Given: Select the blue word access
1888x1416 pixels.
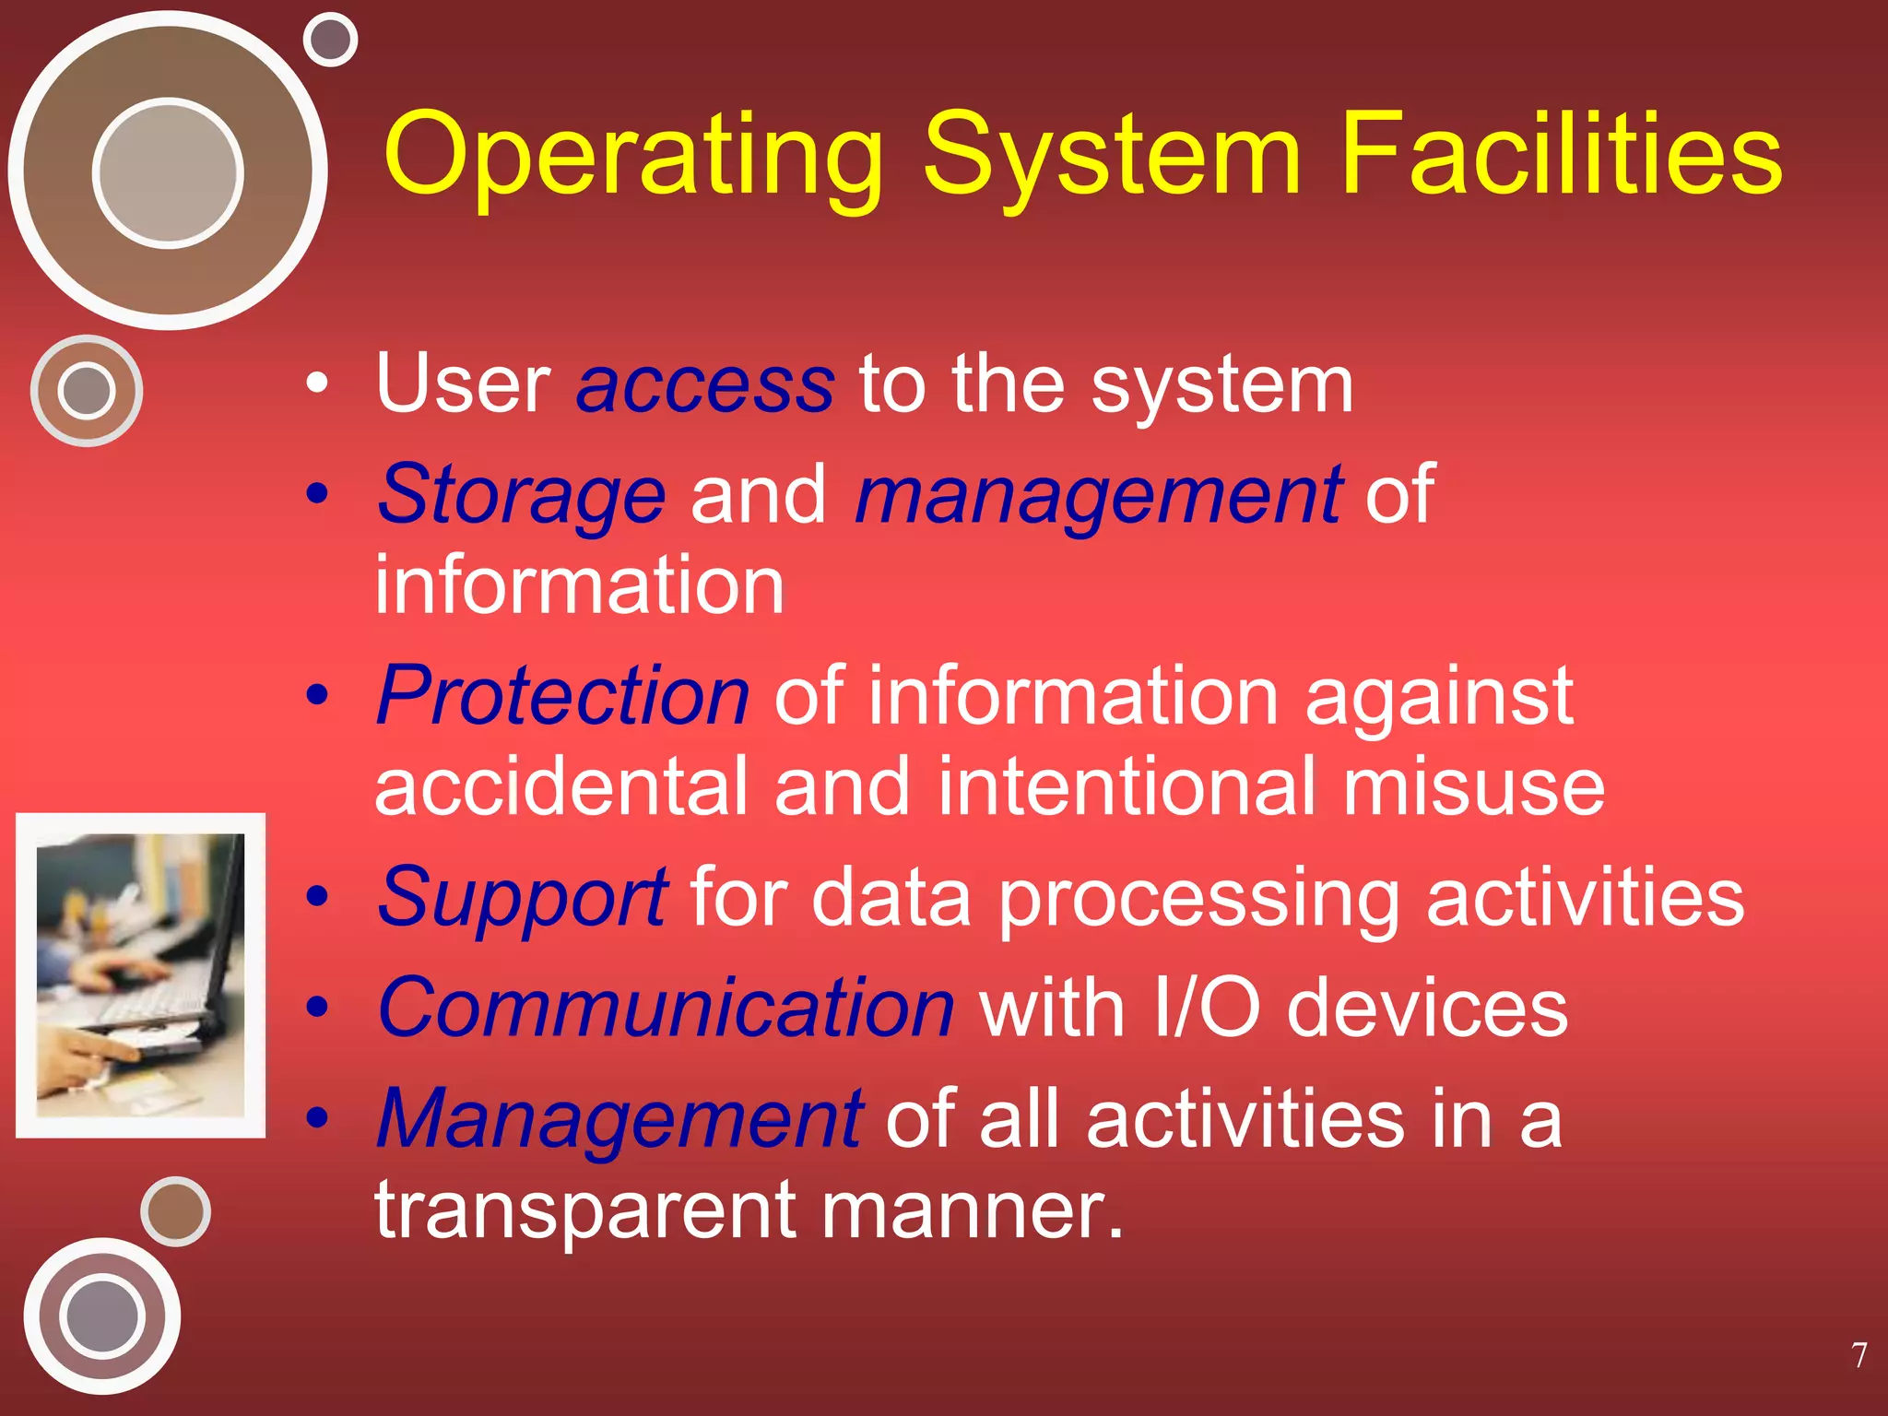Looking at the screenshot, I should click(705, 384).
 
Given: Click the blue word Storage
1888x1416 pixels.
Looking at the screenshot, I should click(522, 496).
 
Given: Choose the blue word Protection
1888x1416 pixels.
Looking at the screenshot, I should click(563, 696).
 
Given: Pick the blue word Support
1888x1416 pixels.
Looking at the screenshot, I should click(523, 898).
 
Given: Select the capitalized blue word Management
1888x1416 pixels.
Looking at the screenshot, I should click(620, 1119).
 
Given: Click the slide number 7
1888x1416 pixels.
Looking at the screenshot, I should click(1859, 1355).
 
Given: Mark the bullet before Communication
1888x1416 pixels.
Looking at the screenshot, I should click(317, 1007).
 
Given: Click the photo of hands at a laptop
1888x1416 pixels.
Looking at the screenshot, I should click(141, 975).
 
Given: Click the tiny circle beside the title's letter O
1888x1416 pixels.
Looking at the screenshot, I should click(330, 40).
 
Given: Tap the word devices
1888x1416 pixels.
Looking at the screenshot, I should click(1426, 1008).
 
